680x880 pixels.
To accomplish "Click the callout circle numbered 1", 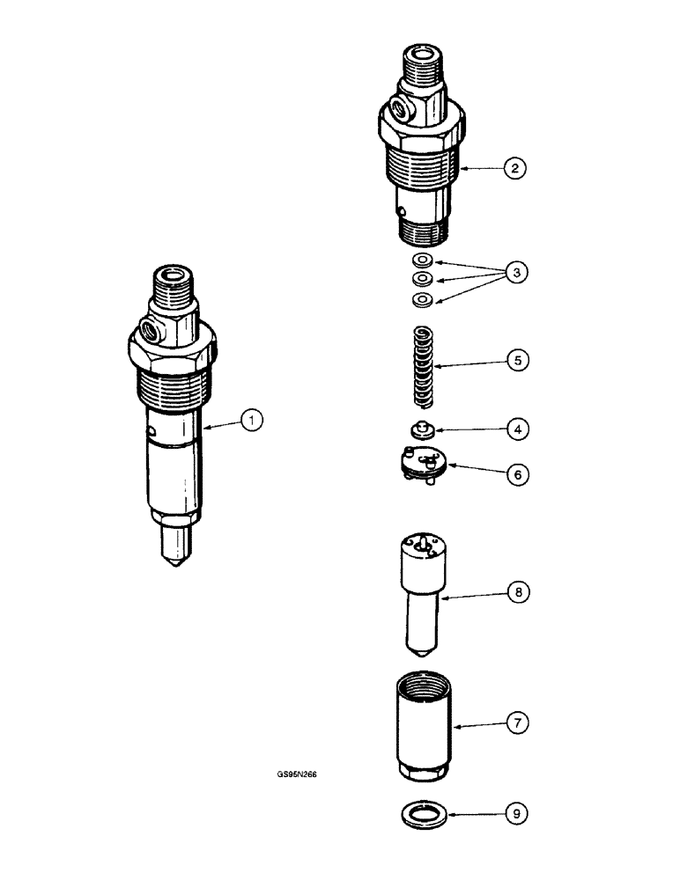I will (x=253, y=422).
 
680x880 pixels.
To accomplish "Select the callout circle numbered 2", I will (x=514, y=167).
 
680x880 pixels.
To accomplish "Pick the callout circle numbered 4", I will (x=516, y=430).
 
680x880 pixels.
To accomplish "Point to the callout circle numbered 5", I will (x=515, y=360).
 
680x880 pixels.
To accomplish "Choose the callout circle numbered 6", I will (x=517, y=473).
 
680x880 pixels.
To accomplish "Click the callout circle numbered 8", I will (x=517, y=594).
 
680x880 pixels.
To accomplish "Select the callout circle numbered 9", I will (x=518, y=815).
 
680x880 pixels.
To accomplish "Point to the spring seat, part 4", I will (x=421, y=430).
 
